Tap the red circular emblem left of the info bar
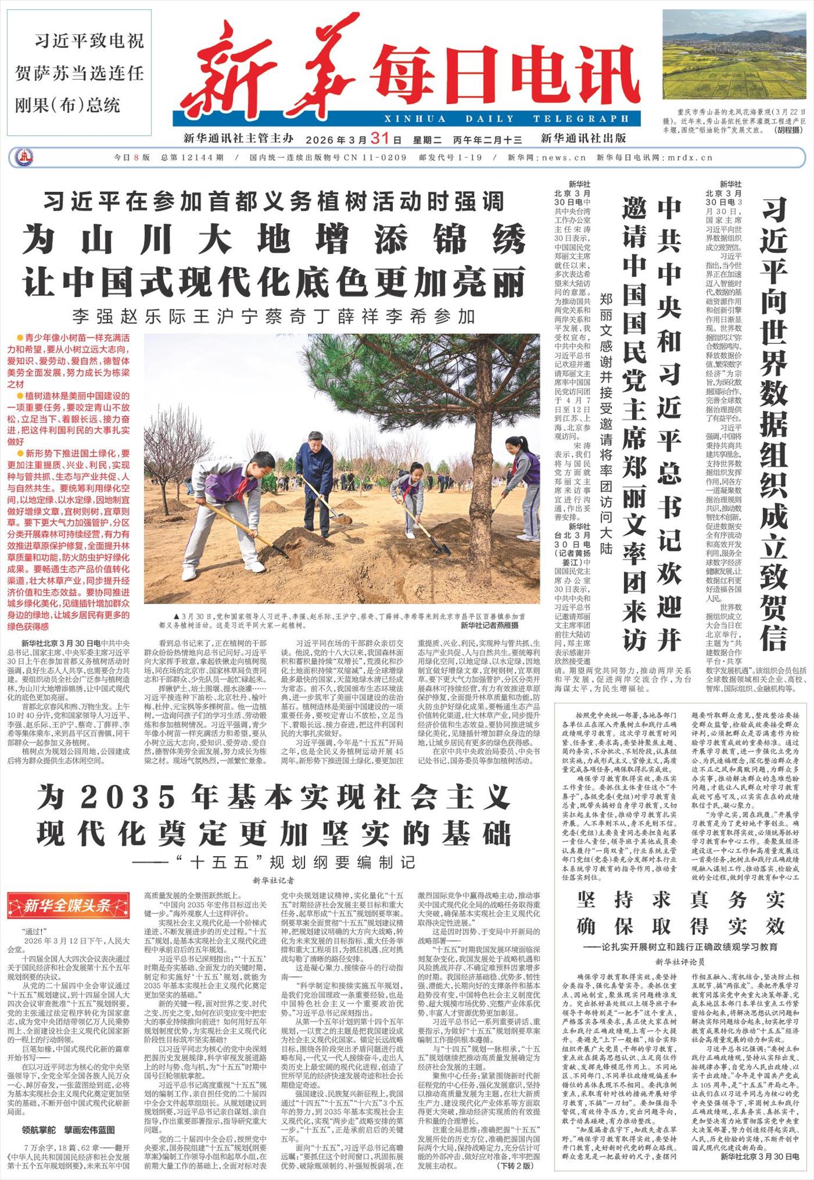tap(24, 157)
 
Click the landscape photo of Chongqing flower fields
tap(734, 54)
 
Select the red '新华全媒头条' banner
tap(68, 905)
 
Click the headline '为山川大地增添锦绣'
tap(274, 239)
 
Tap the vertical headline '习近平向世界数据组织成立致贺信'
tap(773, 424)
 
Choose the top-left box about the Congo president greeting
tap(79, 73)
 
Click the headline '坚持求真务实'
tap(681, 900)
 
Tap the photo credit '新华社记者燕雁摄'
tap(489, 625)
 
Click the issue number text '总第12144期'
tap(192, 157)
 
